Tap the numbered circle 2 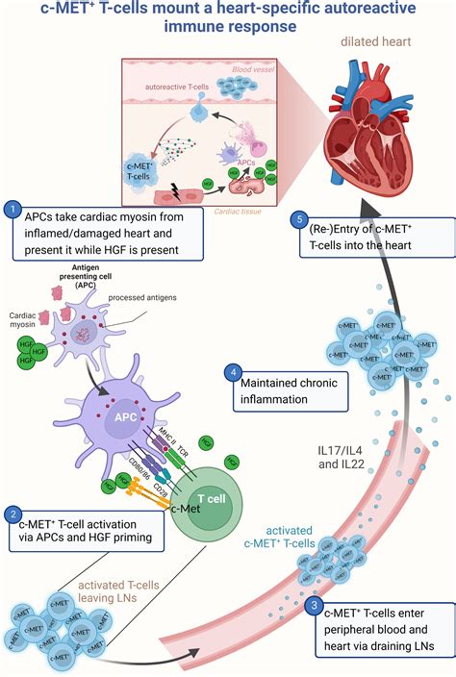(x=12, y=516)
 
